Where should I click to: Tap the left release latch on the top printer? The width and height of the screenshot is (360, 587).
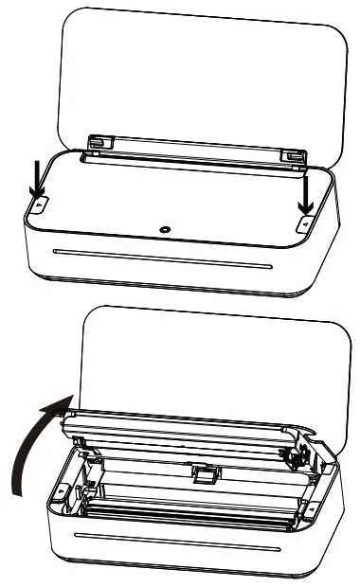38,203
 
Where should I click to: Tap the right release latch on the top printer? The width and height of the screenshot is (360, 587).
305,222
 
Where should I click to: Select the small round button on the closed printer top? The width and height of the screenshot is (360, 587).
165,229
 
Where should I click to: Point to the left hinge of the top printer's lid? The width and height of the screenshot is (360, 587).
96,141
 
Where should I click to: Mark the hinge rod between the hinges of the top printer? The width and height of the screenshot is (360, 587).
194,148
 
